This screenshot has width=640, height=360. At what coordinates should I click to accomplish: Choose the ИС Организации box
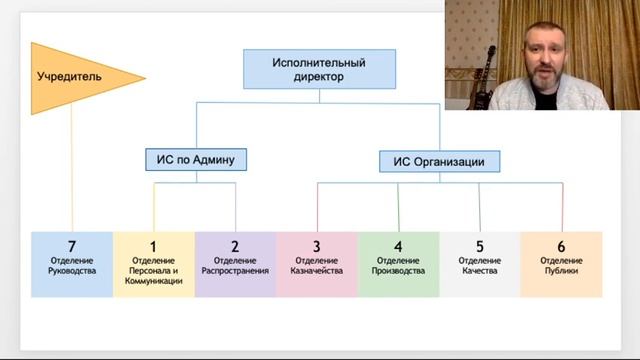(x=439, y=160)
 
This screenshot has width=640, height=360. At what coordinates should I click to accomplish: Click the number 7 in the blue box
(x=72, y=246)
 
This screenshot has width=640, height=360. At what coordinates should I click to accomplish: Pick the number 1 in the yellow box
(x=153, y=246)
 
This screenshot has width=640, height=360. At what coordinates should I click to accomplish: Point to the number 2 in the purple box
(x=235, y=246)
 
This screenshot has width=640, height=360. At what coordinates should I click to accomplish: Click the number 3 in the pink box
(x=316, y=246)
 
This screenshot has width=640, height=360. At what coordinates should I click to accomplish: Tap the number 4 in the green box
(x=398, y=246)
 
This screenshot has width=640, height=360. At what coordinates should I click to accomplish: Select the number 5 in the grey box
(x=479, y=246)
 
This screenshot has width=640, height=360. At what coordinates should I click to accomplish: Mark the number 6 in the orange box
(x=561, y=246)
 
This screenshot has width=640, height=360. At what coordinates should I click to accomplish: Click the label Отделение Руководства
(x=72, y=266)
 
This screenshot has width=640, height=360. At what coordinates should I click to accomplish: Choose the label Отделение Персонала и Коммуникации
(x=153, y=271)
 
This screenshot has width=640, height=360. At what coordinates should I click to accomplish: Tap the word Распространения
(x=235, y=271)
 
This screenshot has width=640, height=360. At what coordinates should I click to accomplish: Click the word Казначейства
(x=316, y=271)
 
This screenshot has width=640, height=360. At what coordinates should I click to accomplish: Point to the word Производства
(x=398, y=271)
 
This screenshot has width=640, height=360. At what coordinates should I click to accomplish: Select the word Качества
(x=479, y=271)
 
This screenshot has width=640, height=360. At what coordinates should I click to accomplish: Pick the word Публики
(x=561, y=271)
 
